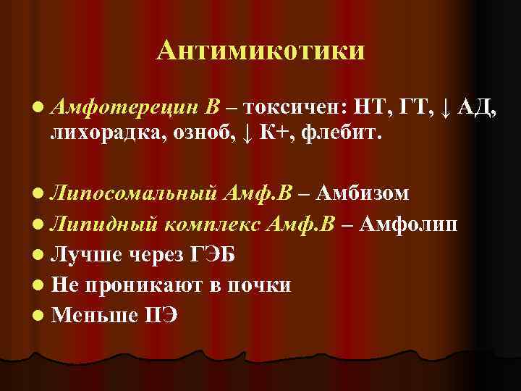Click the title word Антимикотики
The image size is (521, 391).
260,51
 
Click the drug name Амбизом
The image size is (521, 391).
363,193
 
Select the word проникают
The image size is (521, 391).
148,285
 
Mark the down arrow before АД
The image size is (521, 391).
446,110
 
